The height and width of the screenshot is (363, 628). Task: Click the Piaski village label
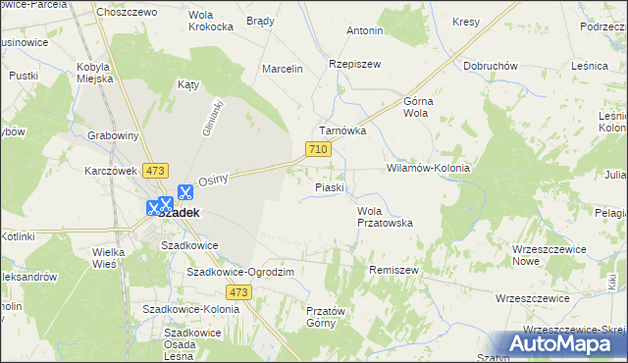pyautogui.click(x=329, y=186)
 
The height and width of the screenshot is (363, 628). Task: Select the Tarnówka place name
pyautogui.click(x=341, y=130)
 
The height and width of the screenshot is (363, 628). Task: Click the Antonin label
pyautogui.click(x=363, y=30)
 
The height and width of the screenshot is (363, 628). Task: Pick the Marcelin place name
pyautogui.click(x=283, y=69)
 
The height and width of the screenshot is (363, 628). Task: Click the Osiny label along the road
pyautogui.click(x=213, y=180)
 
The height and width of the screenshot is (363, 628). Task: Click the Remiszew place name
pyautogui.click(x=393, y=269)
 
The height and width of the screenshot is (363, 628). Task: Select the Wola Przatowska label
pyautogui.click(x=383, y=217)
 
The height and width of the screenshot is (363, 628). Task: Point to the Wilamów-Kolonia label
pyautogui.click(x=428, y=168)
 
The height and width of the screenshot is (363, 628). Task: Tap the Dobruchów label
pyautogui.click(x=491, y=66)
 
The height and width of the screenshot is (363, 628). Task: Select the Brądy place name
pyautogui.click(x=260, y=20)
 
